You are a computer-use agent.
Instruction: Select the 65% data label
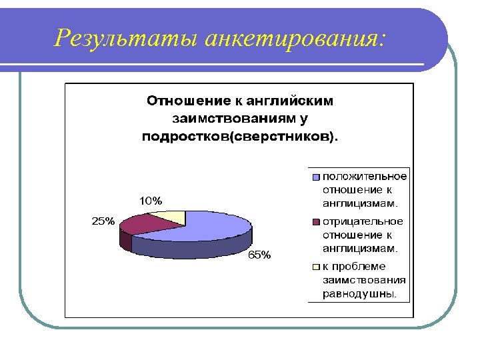pos(260,255)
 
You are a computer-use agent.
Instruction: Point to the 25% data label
pos(103,221)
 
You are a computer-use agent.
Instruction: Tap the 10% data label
pos(150,201)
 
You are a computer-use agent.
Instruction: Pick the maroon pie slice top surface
pos(150,224)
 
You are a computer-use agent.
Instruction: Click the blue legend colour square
pos(316,177)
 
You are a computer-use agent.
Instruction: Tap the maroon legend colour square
pos(316,222)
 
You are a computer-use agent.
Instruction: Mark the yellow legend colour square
pos(316,267)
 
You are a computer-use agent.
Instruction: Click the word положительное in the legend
pos(364,176)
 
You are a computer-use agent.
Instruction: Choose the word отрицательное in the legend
pos(363,221)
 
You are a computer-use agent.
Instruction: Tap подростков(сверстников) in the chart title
pos(240,137)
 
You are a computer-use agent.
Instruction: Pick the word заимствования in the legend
pos(364,280)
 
